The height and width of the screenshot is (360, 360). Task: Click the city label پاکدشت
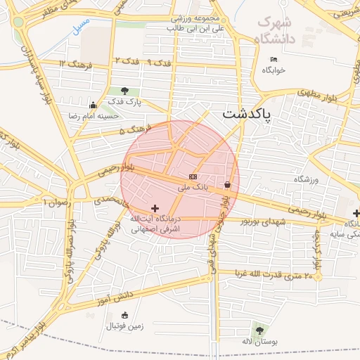[x=247, y=112]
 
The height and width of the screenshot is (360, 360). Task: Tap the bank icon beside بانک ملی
[x=193, y=176]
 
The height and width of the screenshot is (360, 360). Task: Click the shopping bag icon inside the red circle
[x=228, y=185]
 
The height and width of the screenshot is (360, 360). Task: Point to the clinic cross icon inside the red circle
[x=155, y=208]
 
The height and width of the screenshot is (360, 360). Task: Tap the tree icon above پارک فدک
[x=125, y=91]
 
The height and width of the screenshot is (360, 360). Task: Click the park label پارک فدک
[x=125, y=102]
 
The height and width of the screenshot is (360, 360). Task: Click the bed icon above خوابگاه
[x=274, y=59]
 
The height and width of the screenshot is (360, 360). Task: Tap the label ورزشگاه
[x=306, y=180]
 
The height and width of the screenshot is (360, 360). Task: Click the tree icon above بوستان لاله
[x=259, y=330]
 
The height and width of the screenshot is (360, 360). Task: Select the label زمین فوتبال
[x=124, y=326]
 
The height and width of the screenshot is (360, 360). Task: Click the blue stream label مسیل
[x=81, y=25]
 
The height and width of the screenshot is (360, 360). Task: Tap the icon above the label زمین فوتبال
[x=124, y=315]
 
